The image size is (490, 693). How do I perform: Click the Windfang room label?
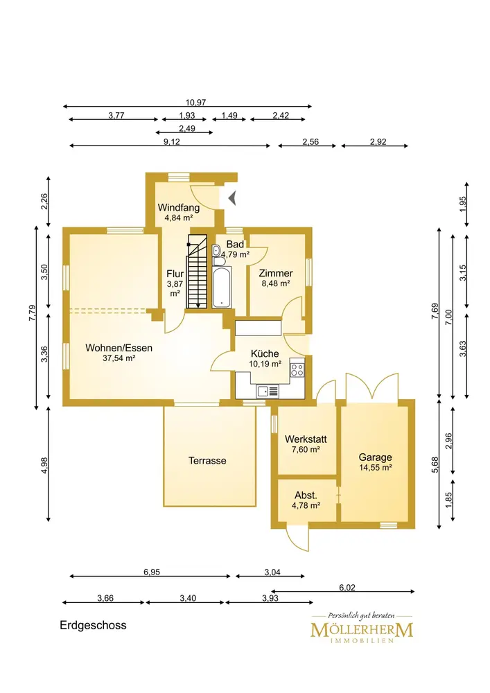click(x=179, y=207)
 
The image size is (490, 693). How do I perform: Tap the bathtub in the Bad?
click(x=221, y=287)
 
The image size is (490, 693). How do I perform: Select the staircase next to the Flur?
click(x=197, y=271)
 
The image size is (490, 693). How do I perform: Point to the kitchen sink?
click(x=268, y=391)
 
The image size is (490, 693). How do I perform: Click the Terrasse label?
click(x=207, y=461)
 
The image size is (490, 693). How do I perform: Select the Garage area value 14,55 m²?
click(x=375, y=468)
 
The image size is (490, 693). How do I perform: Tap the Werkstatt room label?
click(x=306, y=439)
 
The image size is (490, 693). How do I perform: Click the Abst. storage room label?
click(x=306, y=495)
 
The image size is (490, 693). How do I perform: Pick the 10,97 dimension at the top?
click(x=195, y=103)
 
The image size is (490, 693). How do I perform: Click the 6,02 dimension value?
click(x=347, y=588)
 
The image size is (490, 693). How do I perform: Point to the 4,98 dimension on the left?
click(x=44, y=464)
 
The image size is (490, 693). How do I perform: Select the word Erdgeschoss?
click(x=94, y=625)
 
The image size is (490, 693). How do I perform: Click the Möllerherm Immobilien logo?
click(x=362, y=628)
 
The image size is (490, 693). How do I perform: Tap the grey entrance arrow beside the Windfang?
click(x=232, y=198)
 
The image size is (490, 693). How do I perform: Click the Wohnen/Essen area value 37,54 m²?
click(x=119, y=358)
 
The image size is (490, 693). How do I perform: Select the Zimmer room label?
click(x=276, y=273)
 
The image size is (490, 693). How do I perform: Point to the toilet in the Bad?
click(x=216, y=252)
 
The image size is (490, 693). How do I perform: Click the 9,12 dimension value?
click(x=172, y=142)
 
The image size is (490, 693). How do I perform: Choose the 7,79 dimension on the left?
click(x=33, y=313)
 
